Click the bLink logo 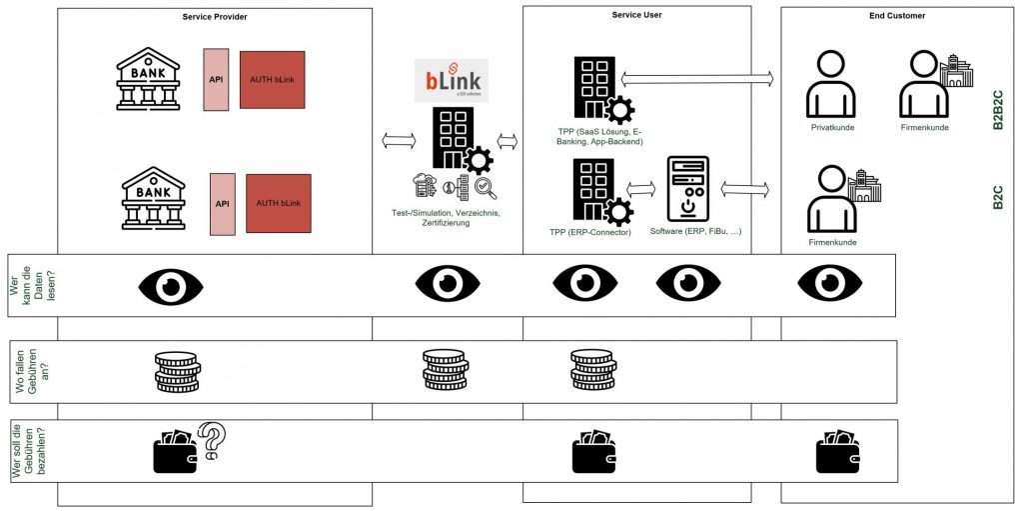(x=451, y=80)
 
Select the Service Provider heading (x=215, y=17)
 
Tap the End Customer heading (x=897, y=16)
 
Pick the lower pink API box (x=223, y=204)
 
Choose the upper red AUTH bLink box (x=272, y=80)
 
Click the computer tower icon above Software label (x=687, y=188)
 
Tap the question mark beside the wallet (x=213, y=440)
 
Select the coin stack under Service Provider (x=177, y=371)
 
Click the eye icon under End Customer (x=829, y=285)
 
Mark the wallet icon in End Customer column (x=837, y=452)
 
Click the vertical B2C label (x=997, y=197)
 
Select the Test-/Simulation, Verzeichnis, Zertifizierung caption (x=445, y=217)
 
